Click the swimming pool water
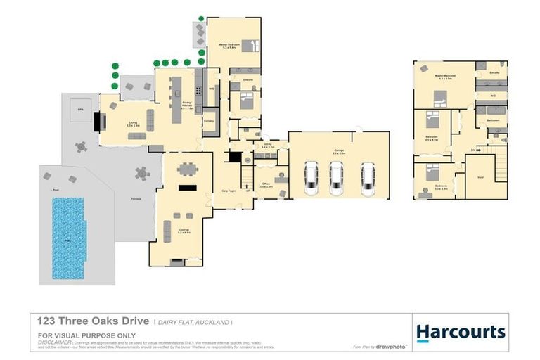click(x=68, y=236)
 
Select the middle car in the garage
click(x=336, y=178)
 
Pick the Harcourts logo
click(x=460, y=332)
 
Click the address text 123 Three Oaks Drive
click(x=94, y=321)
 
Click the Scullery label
click(x=208, y=121)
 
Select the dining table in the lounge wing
click(x=187, y=169)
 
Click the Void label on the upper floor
click(x=480, y=178)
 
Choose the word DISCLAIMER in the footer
click(x=53, y=342)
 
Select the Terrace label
click(x=134, y=200)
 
